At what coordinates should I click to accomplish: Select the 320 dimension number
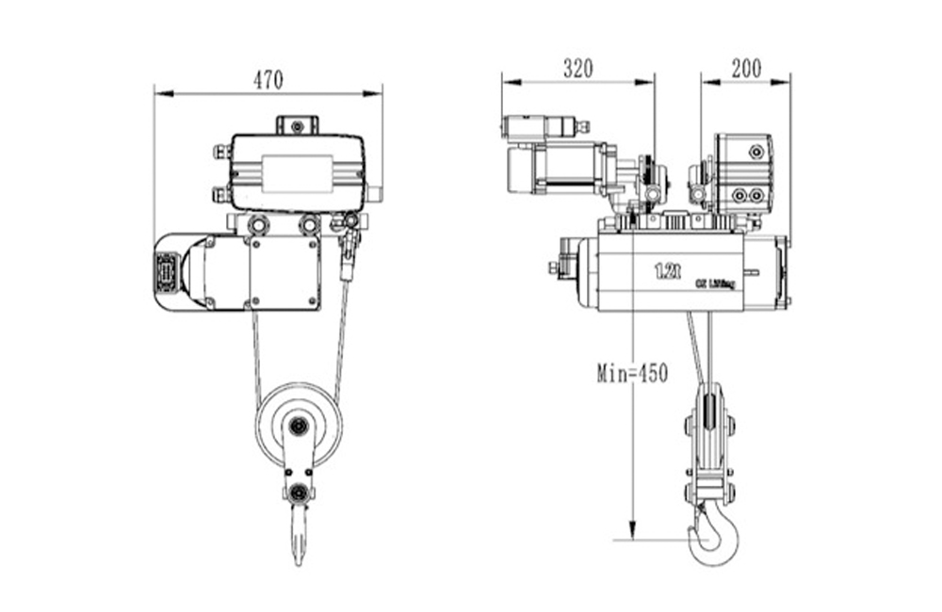click(x=578, y=68)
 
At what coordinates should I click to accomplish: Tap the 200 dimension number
click(x=745, y=68)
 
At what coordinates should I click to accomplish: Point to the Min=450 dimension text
click(x=632, y=373)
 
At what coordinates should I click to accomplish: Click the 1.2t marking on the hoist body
click(x=667, y=272)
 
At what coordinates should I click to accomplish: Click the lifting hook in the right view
click(x=713, y=536)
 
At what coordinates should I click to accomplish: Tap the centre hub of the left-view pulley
click(x=298, y=427)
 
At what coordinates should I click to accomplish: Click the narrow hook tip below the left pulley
click(x=299, y=541)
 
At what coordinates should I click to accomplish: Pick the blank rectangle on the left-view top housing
click(x=297, y=173)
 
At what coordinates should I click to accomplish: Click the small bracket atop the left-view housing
click(x=298, y=125)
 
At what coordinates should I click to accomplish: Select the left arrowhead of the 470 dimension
click(x=160, y=93)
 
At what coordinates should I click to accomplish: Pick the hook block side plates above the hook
click(x=709, y=442)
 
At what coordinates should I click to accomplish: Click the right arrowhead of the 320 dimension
click(x=649, y=82)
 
